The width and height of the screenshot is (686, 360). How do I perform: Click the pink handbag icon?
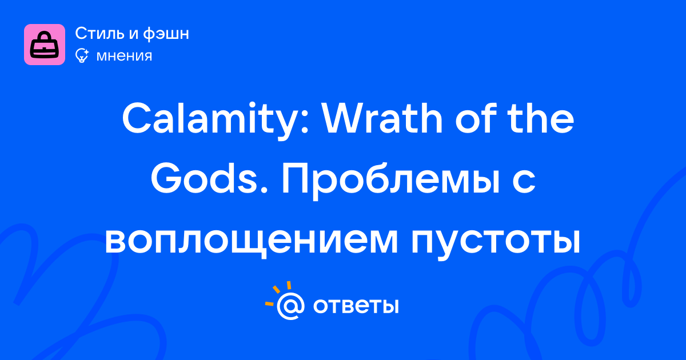45,45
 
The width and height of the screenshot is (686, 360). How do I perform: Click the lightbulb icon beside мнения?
82,56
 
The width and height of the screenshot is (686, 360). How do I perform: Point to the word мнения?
124,57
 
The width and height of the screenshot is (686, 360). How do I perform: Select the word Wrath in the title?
383,119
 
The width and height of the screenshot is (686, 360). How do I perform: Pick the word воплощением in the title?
251,241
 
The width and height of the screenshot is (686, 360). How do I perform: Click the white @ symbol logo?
290,306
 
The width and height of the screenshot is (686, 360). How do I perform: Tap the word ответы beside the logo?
356,306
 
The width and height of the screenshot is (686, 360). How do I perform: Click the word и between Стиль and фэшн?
133,34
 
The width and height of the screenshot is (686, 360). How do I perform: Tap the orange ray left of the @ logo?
269,303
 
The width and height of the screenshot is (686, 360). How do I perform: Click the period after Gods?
264,190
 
